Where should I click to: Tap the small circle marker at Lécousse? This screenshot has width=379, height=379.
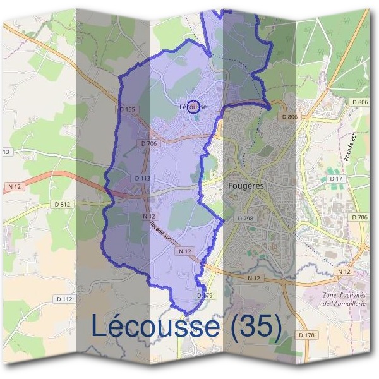pyautogui.click(x=194, y=106)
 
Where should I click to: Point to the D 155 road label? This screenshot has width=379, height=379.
pyautogui.click(x=127, y=109)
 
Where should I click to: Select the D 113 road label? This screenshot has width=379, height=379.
pyautogui.click(x=142, y=179)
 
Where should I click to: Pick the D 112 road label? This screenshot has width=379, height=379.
pyautogui.click(x=64, y=299)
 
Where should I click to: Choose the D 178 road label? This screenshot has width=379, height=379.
pyautogui.click(x=306, y=334)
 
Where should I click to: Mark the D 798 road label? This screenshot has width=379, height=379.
pyautogui.click(x=245, y=218)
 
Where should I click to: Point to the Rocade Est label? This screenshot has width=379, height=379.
pyautogui.click(x=349, y=147)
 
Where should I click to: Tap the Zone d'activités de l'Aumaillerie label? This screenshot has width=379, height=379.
pyautogui.click(x=344, y=299)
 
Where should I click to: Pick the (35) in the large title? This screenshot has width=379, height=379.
pyautogui.click(x=256, y=326)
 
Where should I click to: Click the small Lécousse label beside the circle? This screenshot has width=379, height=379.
pyautogui.click(x=193, y=107)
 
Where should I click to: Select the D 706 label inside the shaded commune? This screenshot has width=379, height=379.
pyautogui.click(x=148, y=143)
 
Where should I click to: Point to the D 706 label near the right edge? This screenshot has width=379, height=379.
pyautogui.click(x=359, y=217)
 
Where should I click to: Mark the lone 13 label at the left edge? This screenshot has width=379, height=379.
pyautogui.click(x=6, y=152)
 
